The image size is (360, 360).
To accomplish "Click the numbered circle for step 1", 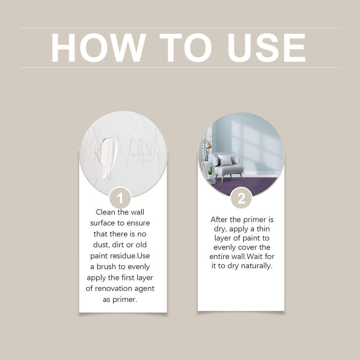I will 120,198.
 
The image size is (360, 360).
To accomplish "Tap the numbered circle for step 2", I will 241,198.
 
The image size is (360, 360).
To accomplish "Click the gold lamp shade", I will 208,144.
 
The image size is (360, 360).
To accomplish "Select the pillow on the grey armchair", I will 226,160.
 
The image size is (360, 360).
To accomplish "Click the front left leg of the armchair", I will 222,179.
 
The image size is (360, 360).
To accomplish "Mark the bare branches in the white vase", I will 206,144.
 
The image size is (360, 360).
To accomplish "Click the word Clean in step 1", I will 105,212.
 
